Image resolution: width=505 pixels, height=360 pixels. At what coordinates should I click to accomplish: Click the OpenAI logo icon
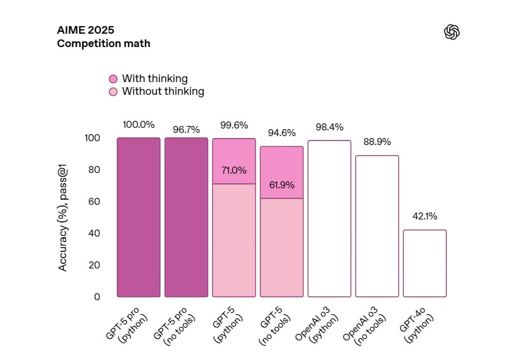[452, 32]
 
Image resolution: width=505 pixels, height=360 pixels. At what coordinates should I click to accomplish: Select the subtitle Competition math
[104, 44]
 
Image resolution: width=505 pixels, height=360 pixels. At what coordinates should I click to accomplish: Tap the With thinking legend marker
[113, 79]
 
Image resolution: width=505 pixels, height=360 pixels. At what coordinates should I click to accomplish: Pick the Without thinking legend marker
[113, 92]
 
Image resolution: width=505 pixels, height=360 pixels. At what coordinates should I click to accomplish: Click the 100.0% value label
[139, 125]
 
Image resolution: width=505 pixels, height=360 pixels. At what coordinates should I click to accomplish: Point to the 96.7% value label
[186, 130]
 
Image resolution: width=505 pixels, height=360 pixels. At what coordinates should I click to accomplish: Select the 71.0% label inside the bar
[234, 170]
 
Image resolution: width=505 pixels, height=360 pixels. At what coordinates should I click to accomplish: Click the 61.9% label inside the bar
[282, 185]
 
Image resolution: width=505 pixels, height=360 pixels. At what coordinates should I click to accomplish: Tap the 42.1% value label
[424, 216]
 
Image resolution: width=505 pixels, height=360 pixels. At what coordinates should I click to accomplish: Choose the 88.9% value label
[377, 142]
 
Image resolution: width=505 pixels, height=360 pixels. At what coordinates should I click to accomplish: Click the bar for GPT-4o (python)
[425, 263]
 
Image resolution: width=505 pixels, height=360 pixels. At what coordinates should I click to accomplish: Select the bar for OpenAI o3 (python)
[329, 219]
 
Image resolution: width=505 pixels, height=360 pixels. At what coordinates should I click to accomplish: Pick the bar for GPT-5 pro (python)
[139, 218]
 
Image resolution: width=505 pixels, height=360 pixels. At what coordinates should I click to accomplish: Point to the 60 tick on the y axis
[93, 202]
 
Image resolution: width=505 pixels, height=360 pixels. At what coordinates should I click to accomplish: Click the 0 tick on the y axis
[97, 297]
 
